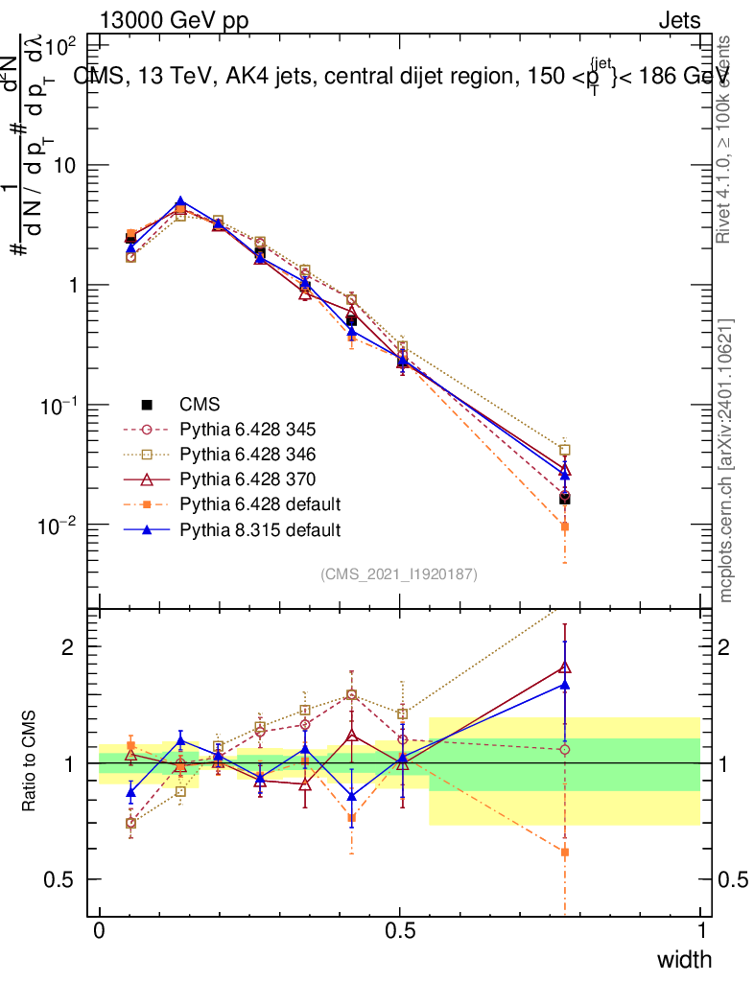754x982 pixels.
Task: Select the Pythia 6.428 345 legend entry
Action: pyautogui.click(x=247, y=430)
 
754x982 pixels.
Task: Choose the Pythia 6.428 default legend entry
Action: pyautogui.click(x=260, y=504)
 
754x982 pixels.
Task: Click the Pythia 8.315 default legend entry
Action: pyautogui.click(x=260, y=529)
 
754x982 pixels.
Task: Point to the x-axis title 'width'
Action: pyautogui.click(x=684, y=959)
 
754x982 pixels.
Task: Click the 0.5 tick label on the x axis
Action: pyautogui.click(x=400, y=931)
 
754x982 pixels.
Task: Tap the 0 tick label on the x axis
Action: pyautogui.click(x=100, y=931)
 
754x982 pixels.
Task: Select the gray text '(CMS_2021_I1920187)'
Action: pyautogui.click(x=399, y=573)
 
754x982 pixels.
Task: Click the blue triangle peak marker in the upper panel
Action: pyautogui.click(x=180, y=202)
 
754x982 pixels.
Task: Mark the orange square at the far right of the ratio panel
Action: pyautogui.click(x=565, y=852)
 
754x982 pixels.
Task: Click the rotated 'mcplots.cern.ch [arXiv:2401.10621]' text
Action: pyautogui.click(x=727, y=460)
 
